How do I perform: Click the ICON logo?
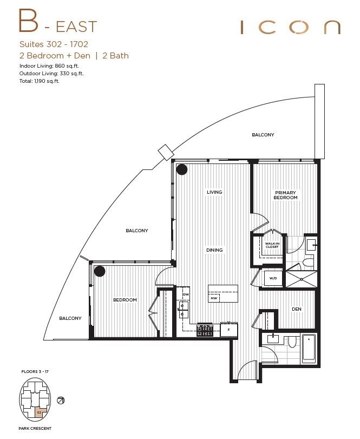click(290, 27)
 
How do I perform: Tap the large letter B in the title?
click(29, 22)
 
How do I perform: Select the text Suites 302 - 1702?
click(53, 44)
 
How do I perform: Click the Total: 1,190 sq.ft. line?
click(39, 81)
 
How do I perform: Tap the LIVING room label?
click(214, 192)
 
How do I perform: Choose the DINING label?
click(214, 250)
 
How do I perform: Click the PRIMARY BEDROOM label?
click(286, 195)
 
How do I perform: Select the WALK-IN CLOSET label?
click(272, 245)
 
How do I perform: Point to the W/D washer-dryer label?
click(272, 278)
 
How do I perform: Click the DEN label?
click(296, 309)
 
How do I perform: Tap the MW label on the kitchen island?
click(214, 298)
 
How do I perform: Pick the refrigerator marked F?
click(228, 329)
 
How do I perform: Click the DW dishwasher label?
click(186, 294)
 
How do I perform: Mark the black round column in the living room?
click(182, 169)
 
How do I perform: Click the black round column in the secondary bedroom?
click(100, 271)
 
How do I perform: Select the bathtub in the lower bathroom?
click(309, 349)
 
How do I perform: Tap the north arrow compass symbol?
click(62, 401)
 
